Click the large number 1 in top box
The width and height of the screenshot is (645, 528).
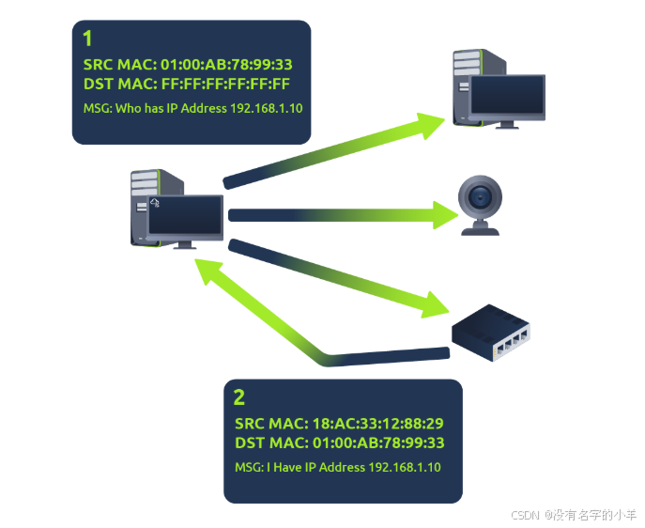pyautogui.click(x=88, y=39)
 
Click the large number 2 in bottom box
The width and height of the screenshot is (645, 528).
pyautogui.click(x=238, y=396)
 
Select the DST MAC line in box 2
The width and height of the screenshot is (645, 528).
pyautogui.click(x=339, y=443)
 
